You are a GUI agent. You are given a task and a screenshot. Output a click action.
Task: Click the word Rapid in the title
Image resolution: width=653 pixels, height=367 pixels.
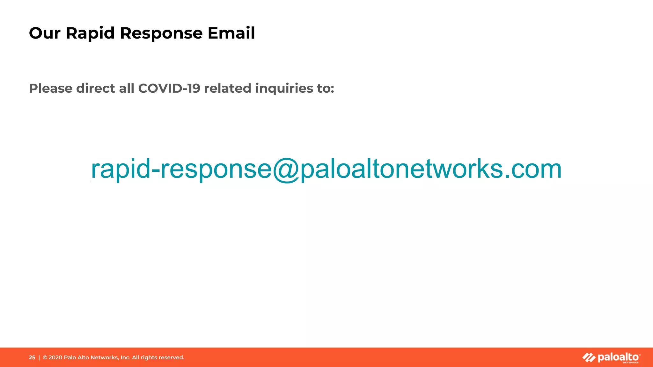(x=90, y=33)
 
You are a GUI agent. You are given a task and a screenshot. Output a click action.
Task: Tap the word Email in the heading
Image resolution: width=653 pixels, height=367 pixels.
(x=231, y=33)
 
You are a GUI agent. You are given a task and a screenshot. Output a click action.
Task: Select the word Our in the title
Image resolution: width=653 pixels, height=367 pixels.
(x=45, y=33)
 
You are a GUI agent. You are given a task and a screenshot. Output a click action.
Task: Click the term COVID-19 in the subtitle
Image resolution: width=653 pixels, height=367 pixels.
(x=169, y=89)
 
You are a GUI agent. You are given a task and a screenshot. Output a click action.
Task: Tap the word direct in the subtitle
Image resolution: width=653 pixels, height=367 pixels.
(x=96, y=89)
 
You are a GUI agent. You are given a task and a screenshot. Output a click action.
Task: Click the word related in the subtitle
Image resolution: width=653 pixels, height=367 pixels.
(x=228, y=89)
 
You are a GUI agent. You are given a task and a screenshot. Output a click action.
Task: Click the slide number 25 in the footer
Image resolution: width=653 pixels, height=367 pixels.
(x=32, y=357)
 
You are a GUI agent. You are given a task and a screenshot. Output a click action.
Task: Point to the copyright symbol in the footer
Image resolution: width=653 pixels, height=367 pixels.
(x=45, y=357)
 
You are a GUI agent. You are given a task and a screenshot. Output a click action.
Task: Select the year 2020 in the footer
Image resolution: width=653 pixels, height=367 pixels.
(x=55, y=357)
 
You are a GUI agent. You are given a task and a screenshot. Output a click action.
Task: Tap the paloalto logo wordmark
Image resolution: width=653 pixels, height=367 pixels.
(x=618, y=357)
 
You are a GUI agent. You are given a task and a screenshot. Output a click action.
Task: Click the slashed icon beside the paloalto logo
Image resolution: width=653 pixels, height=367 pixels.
(x=589, y=358)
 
